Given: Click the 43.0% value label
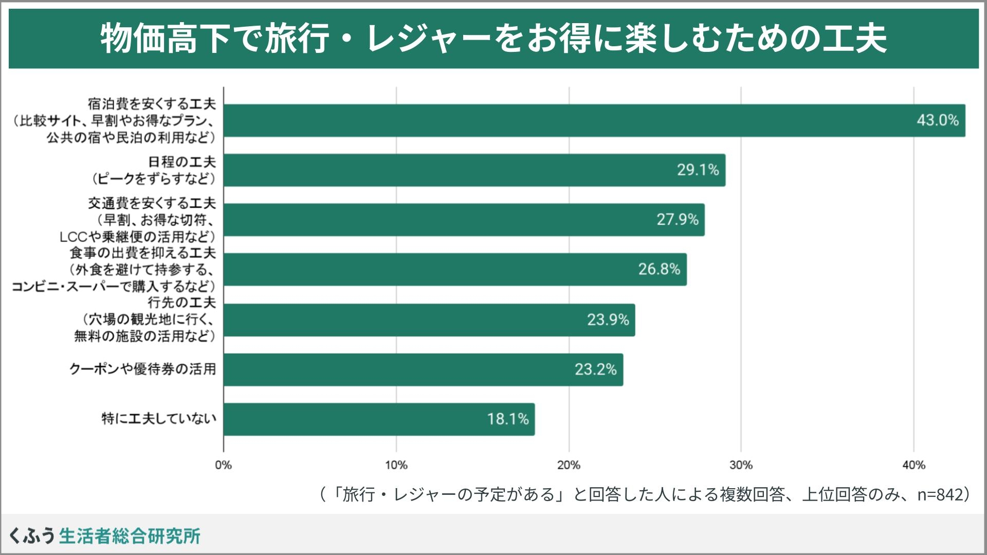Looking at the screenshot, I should [x=938, y=120].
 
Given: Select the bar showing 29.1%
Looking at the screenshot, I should [x=474, y=170].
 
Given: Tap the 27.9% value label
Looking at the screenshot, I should [x=678, y=220].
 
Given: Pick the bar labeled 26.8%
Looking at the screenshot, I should [x=454, y=269].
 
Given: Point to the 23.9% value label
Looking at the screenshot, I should [x=608, y=320].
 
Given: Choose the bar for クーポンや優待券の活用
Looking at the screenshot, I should [x=423, y=369].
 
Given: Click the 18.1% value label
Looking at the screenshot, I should [x=508, y=419].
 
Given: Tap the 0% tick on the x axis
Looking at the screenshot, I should [x=224, y=465].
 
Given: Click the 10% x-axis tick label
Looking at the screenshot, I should [x=396, y=465].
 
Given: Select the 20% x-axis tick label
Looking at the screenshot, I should [x=569, y=465].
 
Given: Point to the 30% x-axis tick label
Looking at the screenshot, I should [x=741, y=465].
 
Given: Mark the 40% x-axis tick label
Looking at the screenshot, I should [x=913, y=465].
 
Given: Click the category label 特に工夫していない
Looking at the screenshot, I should [x=159, y=419].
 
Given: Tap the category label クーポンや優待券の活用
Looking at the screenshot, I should [x=142, y=369].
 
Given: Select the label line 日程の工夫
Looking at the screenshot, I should [x=182, y=162].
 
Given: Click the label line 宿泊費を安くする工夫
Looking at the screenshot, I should [x=152, y=104].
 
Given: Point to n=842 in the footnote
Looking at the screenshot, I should [x=940, y=494].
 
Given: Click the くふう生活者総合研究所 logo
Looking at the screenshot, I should [x=105, y=535].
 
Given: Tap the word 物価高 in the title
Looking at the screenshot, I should [x=149, y=39].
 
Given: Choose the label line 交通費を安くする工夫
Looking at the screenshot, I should [x=152, y=203].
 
